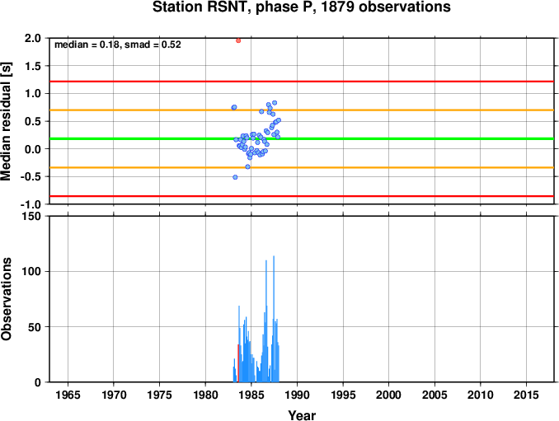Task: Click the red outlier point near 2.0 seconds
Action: tap(238, 40)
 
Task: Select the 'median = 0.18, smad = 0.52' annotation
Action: tap(118, 44)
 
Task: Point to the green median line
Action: tap(302, 138)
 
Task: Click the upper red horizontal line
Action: tap(302, 82)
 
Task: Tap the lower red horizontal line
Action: tap(302, 196)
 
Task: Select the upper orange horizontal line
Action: tap(302, 110)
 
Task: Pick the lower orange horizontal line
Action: tap(302, 167)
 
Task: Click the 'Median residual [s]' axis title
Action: tap(6, 121)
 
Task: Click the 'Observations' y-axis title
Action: tap(6, 299)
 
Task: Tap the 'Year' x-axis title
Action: tap(302, 415)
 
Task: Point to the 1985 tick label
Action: tap(251, 395)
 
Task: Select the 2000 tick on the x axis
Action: tap(388, 395)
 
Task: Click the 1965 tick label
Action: tap(68, 395)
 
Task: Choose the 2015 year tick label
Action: tap(526, 395)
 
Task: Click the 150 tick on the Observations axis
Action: tap(32, 216)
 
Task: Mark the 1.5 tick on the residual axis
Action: tap(33, 66)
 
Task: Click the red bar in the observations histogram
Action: tap(238, 363)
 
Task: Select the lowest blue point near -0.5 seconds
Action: tap(235, 177)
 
